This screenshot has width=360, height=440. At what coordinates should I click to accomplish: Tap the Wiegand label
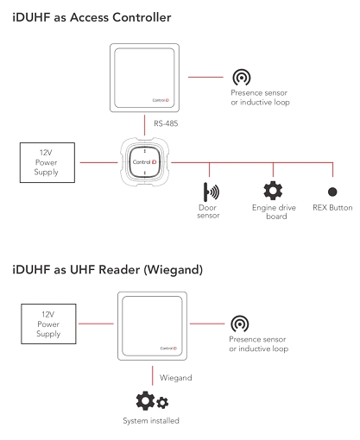[x=170, y=377]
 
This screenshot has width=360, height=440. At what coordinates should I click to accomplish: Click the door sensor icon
[x=208, y=191]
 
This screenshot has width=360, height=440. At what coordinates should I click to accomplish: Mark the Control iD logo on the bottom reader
[x=170, y=348]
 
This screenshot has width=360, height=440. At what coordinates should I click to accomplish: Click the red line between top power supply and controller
[x=98, y=160]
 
